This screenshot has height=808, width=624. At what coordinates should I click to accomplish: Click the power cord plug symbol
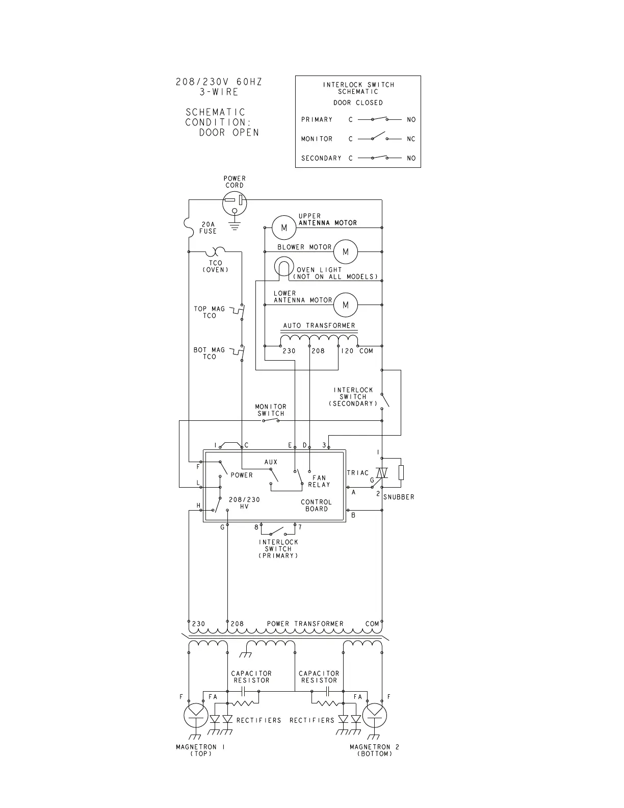coord(235,204)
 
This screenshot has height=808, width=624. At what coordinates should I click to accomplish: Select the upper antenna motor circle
coord(284,228)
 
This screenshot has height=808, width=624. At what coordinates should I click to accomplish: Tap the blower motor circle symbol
coord(346,251)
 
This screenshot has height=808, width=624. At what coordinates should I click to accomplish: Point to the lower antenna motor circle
coord(346,305)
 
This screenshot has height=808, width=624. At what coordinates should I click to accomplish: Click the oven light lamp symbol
coord(283,267)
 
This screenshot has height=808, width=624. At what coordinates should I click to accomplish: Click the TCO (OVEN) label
coord(215,266)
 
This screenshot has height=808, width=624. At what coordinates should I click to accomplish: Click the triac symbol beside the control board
coord(382,473)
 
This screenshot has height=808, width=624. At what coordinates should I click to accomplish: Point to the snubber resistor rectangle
coord(401,472)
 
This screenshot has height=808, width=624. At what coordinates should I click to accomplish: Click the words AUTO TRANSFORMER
coord(319,325)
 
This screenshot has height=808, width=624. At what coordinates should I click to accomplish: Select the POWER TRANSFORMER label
coord(305,624)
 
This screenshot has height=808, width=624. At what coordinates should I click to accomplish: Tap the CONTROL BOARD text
coord(316,505)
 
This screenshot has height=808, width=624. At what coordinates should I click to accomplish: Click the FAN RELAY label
coord(319,481)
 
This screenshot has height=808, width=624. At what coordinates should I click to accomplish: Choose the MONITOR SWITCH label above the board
coord(271,410)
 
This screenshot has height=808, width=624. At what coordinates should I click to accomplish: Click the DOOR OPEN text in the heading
coord(229,133)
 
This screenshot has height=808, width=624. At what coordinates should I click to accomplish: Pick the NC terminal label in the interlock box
coord(411,139)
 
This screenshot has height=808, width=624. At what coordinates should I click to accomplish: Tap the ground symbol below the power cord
coord(234,225)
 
